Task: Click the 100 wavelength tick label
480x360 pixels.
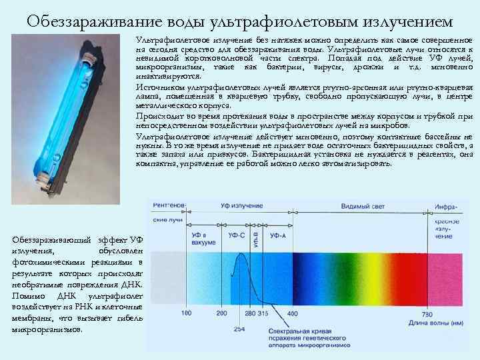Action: tap(186, 313)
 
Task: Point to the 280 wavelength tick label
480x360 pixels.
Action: tap(250, 313)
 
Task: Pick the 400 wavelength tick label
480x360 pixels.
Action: tap(292, 313)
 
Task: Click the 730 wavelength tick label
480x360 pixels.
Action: tap(427, 313)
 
